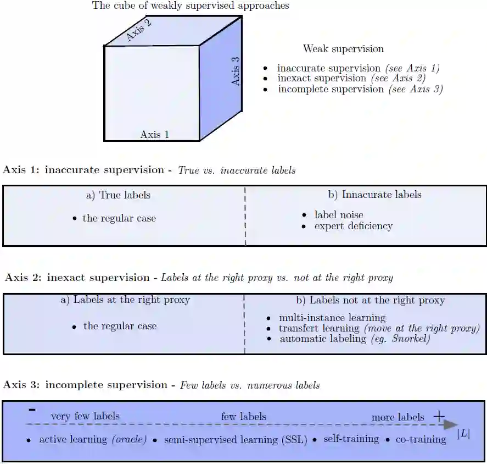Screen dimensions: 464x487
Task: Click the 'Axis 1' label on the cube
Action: pyautogui.click(x=154, y=135)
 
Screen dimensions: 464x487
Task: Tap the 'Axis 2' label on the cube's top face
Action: pyautogui.click(x=138, y=30)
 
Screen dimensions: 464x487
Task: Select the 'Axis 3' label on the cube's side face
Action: pyautogui.click(x=236, y=71)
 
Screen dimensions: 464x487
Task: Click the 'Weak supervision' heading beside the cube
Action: pyautogui.click(x=343, y=49)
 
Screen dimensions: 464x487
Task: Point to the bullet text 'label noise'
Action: pyautogui.click(x=339, y=215)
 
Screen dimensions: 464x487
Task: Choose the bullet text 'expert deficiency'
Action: pyautogui.click(x=353, y=226)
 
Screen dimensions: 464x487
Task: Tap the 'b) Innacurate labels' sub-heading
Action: pyautogui.click(x=374, y=195)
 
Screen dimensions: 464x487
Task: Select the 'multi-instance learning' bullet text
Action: pyautogui.click(x=332, y=318)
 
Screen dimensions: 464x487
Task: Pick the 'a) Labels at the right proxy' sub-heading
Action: pyautogui.click(x=125, y=300)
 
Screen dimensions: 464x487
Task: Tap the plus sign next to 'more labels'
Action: pyautogui.click(x=439, y=416)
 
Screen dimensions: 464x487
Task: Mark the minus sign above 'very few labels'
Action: pyautogui.click(x=32, y=410)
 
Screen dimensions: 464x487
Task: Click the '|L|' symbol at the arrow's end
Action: pyautogui.click(x=464, y=434)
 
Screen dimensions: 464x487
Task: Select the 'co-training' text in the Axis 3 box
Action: pyautogui.click(x=421, y=439)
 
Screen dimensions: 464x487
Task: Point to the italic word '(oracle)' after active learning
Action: pyautogui.click(x=129, y=440)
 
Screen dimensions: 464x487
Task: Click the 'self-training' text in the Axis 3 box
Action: pyautogui.click(x=351, y=439)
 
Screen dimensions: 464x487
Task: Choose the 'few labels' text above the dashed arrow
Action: pyautogui.click(x=243, y=417)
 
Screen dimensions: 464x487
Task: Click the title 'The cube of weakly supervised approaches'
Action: pyautogui.click(x=191, y=6)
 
